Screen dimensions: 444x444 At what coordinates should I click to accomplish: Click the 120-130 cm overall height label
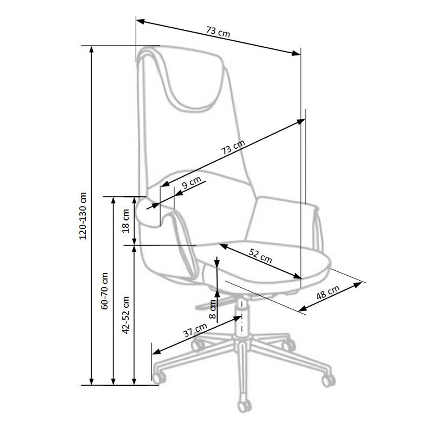tap(83, 216)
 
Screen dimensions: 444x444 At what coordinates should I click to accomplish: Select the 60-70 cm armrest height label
tap(105, 291)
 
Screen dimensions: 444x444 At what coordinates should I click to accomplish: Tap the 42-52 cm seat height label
tap(126, 315)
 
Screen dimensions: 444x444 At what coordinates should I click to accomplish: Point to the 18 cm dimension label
tap(126, 221)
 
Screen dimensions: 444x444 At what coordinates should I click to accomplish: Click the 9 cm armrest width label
tap(192, 182)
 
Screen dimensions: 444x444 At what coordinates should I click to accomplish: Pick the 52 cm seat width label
tap(261, 256)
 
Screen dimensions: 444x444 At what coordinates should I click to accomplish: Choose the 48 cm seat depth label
tap(328, 292)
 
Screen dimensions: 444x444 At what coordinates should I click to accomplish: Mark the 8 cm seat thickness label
tap(212, 309)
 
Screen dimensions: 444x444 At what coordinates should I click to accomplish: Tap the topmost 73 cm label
tap(218, 32)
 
